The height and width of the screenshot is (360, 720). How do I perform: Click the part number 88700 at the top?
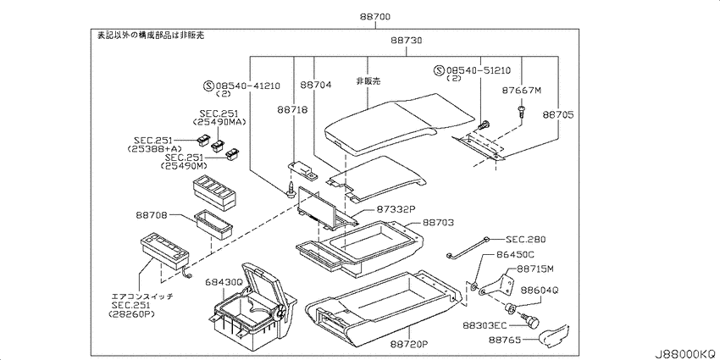[374, 18]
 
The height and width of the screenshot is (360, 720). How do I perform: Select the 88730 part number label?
[407, 41]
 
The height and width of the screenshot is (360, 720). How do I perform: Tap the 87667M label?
[523, 91]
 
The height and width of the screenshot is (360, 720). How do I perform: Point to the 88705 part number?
[558, 115]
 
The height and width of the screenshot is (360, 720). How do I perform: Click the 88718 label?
[292, 110]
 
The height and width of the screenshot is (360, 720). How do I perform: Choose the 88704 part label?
[316, 85]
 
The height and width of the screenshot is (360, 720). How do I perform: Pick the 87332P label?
[396, 208]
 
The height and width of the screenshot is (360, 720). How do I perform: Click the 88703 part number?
[439, 223]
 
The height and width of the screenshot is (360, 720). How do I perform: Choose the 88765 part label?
[504, 341]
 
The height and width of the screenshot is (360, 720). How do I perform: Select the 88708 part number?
[151, 215]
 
